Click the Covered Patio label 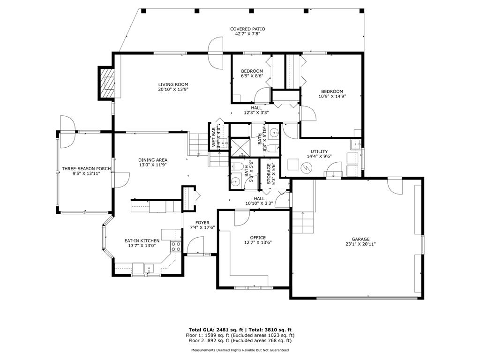click(x=247, y=29)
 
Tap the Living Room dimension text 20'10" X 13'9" click(x=173, y=90)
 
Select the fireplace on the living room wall click(x=106, y=83)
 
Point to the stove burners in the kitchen click(x=176, y=247)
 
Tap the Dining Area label click(x=153, y=160)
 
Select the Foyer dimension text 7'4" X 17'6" click(x=202, y=228)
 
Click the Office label click(x=258, y=238)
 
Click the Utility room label click(x=319, y=151)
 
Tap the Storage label click(x=269, y=174)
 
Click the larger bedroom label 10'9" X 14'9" click(x=332, y=96)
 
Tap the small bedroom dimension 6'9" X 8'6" click(x=252, y=76)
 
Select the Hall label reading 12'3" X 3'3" click(x=256, y=112)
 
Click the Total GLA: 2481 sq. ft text click(x=216, y=330)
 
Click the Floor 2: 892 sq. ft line click(x=240, y=340)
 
